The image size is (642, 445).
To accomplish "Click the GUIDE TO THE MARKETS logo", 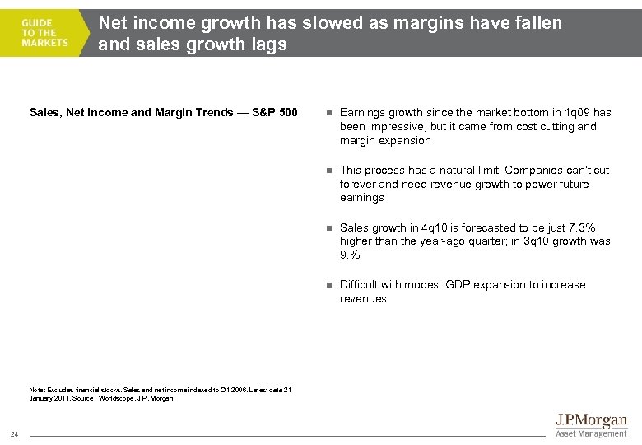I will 45,33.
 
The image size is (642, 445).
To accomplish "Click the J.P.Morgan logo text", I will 592,421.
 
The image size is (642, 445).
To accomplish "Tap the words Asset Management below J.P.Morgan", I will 592,433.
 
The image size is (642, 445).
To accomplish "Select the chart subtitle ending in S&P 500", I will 163,112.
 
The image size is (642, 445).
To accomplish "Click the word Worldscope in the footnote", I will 114,398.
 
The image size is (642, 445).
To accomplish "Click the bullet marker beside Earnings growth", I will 328,113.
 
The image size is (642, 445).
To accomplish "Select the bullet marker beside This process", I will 328,171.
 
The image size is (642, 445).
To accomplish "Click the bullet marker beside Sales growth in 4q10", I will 328,228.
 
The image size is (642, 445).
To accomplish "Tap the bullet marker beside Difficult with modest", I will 328,285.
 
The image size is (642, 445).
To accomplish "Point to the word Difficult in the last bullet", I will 359,285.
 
